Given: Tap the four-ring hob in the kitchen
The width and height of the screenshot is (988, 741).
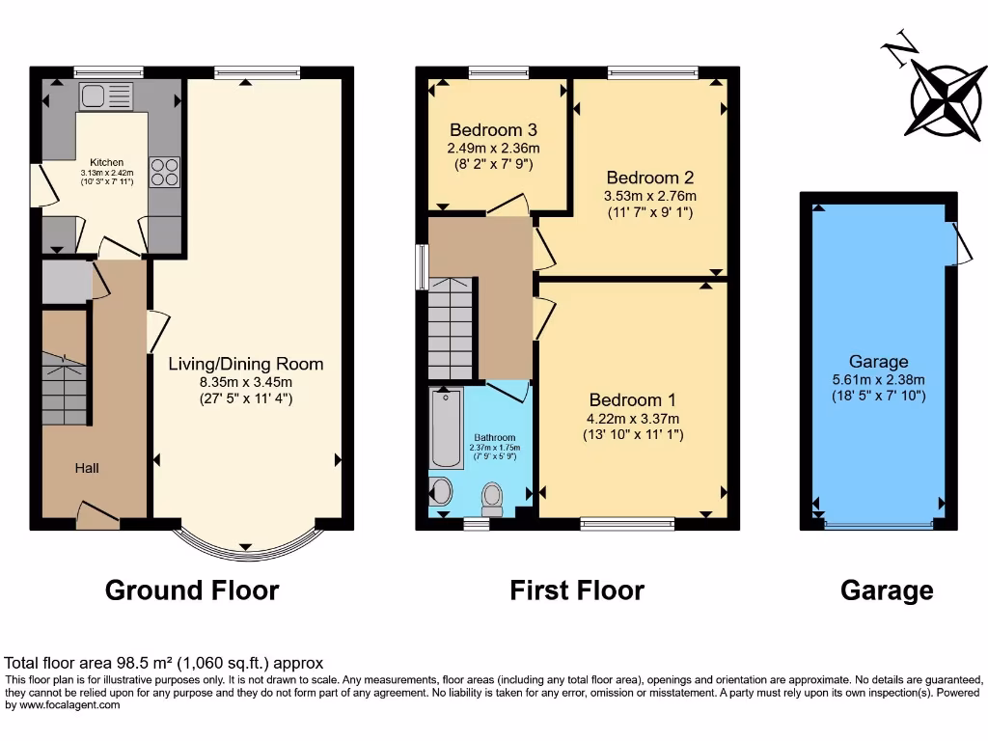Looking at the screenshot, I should (x=163, y=171).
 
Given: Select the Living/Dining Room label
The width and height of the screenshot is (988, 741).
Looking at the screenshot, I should (x=246, y=364).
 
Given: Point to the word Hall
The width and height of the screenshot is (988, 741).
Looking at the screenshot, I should (x=88, y=468).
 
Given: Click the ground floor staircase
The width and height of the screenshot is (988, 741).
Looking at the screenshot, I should (x=66, y=389).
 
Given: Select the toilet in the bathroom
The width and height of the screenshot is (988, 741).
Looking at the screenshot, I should (x=493, y=497).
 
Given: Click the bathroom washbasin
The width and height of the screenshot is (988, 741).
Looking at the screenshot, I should (x=440, y=491).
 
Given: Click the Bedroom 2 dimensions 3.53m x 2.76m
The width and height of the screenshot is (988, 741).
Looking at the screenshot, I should (x=650, y=196).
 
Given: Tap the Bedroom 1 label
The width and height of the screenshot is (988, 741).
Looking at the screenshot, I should (x=632, y=399).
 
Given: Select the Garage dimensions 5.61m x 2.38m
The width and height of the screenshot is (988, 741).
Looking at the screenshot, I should (x=878, y=380).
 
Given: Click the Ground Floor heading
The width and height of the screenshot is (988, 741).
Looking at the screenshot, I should (x=191, y=590).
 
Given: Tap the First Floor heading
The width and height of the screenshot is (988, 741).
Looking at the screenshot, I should (x=577, y=590).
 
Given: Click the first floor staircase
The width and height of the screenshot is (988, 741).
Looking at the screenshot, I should (x=451, y=328).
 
